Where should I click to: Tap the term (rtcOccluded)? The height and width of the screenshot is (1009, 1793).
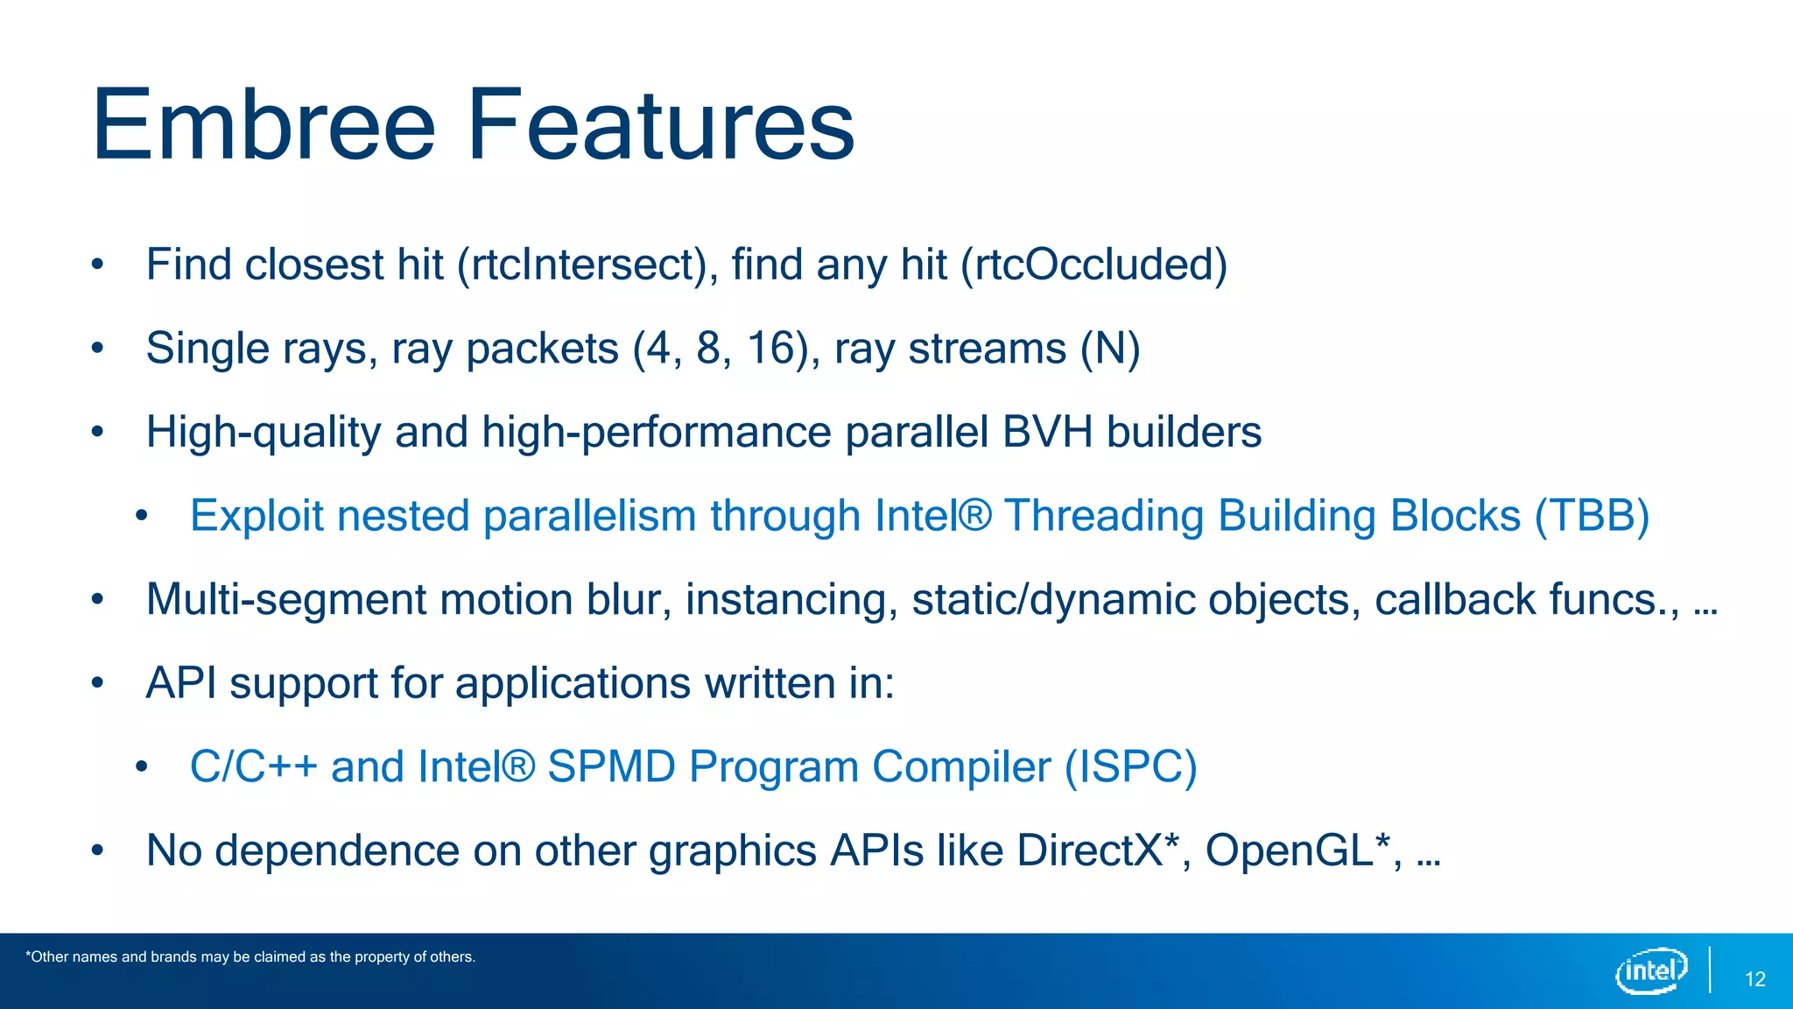click(1094, 265)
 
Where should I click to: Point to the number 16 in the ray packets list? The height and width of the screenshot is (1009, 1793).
click(770, 349)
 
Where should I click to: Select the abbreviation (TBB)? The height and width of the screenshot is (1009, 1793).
click(1592, 516)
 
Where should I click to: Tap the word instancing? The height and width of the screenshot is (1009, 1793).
click(791, 601)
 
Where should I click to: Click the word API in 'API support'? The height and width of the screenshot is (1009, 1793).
click(181, 683)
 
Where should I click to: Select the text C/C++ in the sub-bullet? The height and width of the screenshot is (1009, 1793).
click(253, 767)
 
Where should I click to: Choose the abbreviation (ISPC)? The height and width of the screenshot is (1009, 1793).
click(1130, 767)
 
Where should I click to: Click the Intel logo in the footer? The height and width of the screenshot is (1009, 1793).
click(1651, 970)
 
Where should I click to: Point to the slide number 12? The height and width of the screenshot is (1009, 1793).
click(1754, 979)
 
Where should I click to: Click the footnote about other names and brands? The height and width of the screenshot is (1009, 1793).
click(250, 957)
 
